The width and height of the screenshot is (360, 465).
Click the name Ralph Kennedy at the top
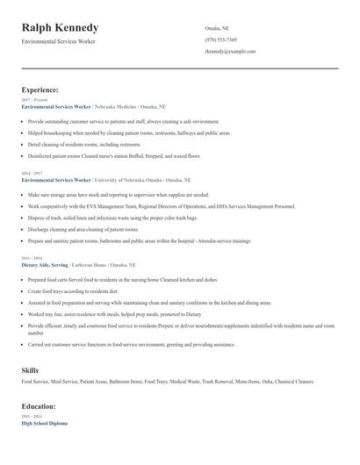60,28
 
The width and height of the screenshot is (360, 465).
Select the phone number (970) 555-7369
220,39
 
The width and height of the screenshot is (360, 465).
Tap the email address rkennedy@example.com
230,51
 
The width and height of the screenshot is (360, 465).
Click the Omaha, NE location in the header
218,28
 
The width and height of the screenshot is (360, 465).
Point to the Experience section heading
40,89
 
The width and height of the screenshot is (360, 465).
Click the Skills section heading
30,370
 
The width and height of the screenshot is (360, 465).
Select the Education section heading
39,407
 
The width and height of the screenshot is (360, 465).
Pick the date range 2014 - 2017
32,174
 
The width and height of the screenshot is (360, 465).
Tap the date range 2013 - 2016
32,258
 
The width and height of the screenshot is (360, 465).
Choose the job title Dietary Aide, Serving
45,263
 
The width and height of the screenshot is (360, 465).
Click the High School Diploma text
45,423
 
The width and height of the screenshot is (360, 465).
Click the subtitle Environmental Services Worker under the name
59,41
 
